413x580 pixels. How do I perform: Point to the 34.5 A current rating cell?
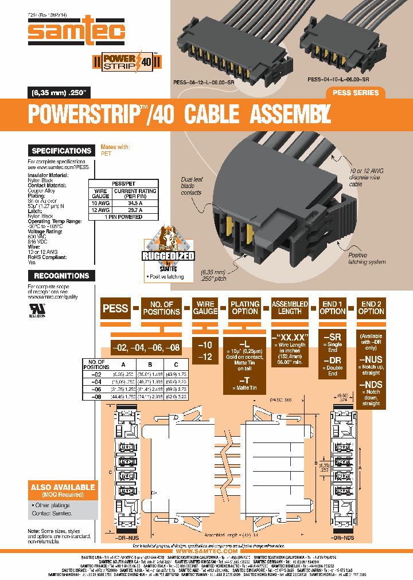pyautogui.click(x=135, y=203)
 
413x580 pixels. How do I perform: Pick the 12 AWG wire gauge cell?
pyautogui.click(x=100, y=210)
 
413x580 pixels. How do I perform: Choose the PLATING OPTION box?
pyautogui.click(x=245, y=308)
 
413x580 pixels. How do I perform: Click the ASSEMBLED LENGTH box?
pyautogui.click(x=290, y=308)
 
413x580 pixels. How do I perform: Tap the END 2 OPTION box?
pyautogui.click(x=371, y=308)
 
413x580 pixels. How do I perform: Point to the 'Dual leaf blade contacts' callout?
pyautogui.click(x=191, y=186)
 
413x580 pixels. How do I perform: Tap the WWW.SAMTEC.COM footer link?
pyautogui.click(x=206, y=551)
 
